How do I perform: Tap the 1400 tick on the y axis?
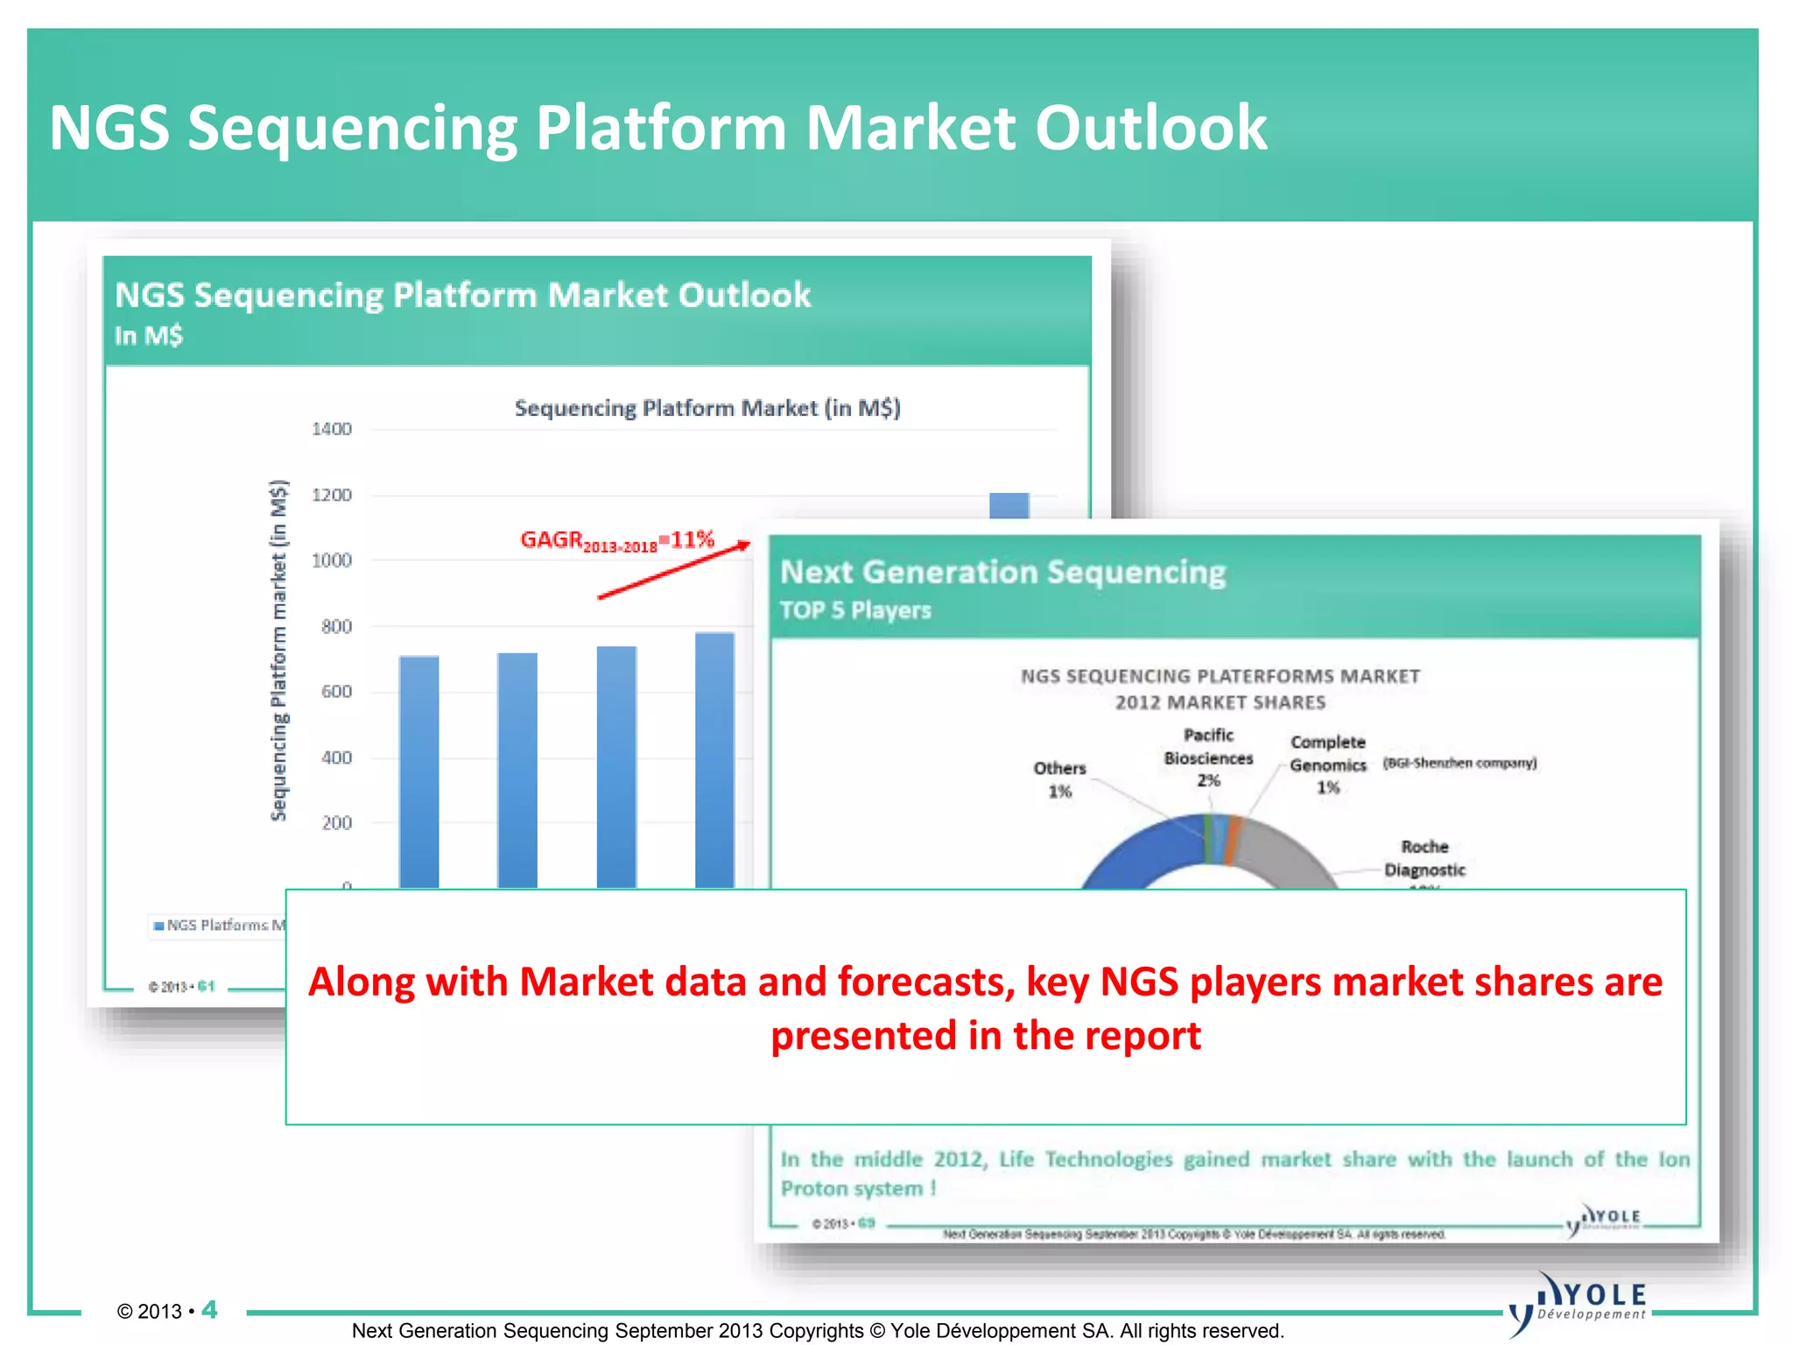[x=331, y=429]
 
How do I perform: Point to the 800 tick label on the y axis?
[x=335, y=626]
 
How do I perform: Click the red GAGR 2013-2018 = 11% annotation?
[x=617, y=540]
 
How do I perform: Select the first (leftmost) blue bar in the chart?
[x=419, y=771]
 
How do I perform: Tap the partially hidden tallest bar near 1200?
[x=1009, y=505]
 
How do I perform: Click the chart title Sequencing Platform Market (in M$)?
[x=707, y=408]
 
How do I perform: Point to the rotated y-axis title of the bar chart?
[x=278, y=650]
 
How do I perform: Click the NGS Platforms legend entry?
[x=219, y=925]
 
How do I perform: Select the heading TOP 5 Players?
[x=854, y=610]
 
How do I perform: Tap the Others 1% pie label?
[x=1059, y=779]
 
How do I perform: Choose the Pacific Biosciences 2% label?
[x=1208, y=757]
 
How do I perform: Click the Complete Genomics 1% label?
[x=1327, y=764]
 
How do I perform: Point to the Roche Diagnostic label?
[x=1424, y=858]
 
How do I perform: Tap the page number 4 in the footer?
[x=209, y=1310]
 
